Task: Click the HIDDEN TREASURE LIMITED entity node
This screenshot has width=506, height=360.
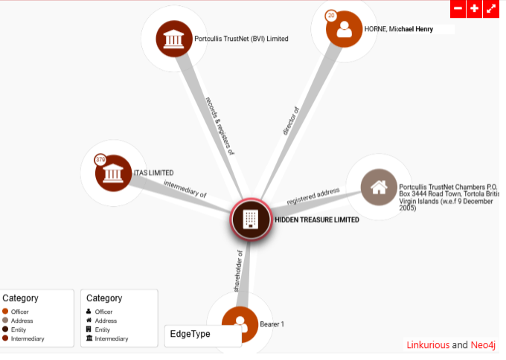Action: pyautogui.click(x=251, y=219)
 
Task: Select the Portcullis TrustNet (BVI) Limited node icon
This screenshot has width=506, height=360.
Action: pyautogui.click(x=174, y=39)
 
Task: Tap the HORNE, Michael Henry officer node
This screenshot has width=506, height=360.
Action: pyautogui.click(x=344, y=29)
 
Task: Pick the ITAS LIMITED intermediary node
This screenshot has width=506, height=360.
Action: pyautogui.click(x=113, y=173)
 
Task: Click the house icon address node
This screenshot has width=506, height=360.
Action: pyautogui.click(x=379, y=187)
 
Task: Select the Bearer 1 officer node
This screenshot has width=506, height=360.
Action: pyautogui.click(x=240, y=324)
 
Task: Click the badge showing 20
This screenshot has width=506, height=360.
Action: pyautogui.click(x=331, y=16)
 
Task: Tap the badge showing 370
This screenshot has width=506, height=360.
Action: pyautogui.click(x=100, y=159)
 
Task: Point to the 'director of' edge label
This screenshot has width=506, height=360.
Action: pyautogui.click(x=291, y=120)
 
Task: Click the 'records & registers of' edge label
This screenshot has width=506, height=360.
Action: pyautogui.click(x=220, y=126)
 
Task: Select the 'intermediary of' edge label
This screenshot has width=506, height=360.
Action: pyautogui.click(x=185, y=189)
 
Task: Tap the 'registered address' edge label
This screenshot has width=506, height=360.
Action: pyautogui.click(x=313, y=196)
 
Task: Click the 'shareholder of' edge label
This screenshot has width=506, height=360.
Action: pyautogui.click(x=238, y=271)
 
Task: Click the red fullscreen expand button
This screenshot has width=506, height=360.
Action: pyautogui.click(x=491, y=9)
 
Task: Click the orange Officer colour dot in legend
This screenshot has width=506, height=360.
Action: pyautogui.click(x=5, y=312)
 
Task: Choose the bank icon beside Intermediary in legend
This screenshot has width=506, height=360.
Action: pyautogui.click(x=89, y=338)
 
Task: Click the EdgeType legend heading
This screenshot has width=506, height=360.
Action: pyautogui.click(x=190, y=334)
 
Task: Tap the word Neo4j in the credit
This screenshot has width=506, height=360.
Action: pyautogui.click(x=483, y=345)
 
